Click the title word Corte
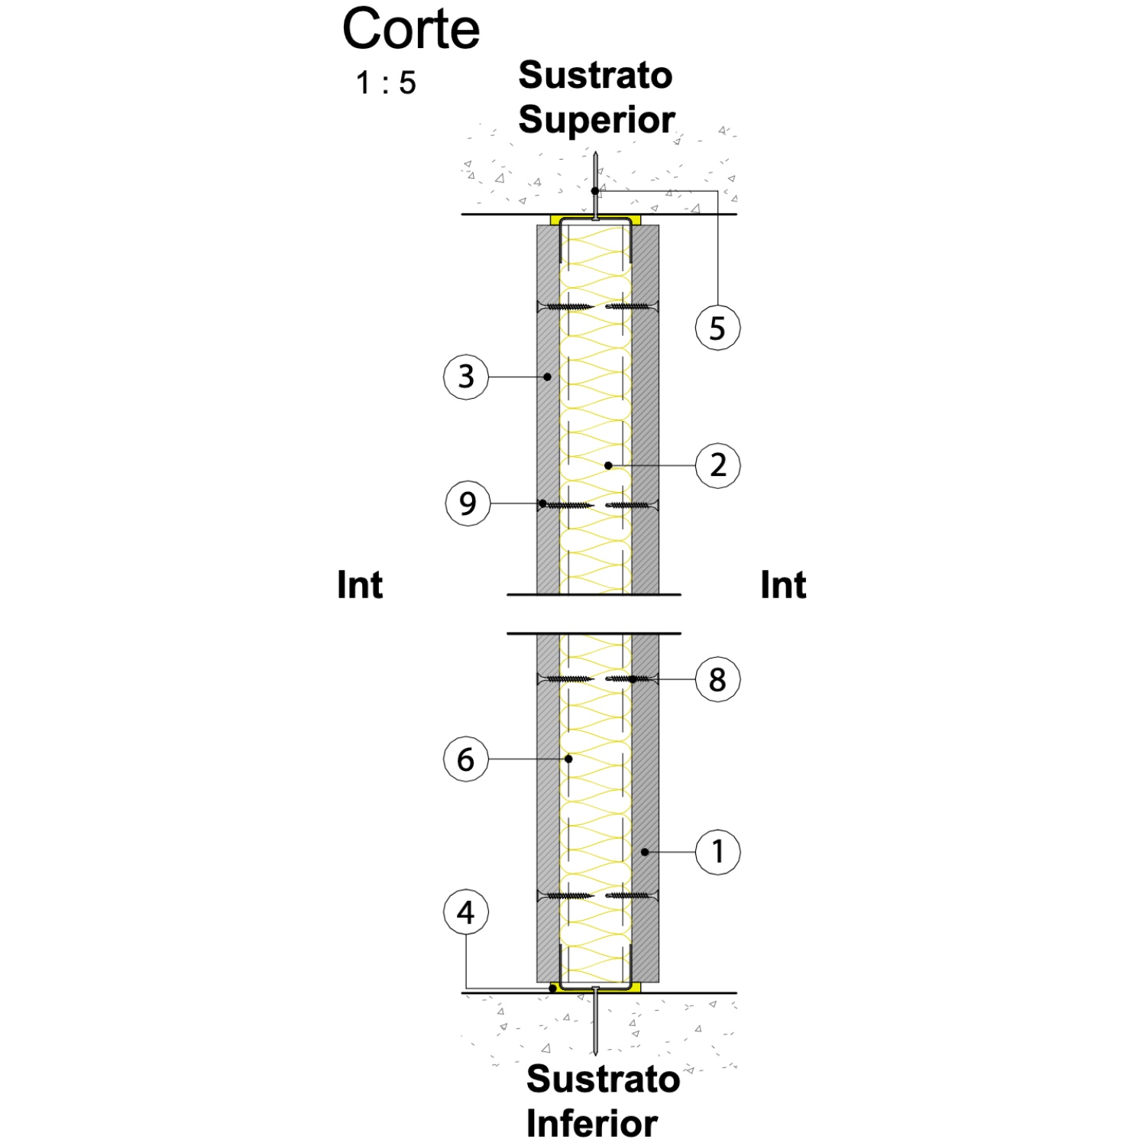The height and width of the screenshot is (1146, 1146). tap(411, 29)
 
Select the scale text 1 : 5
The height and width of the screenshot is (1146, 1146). tap(386, 83)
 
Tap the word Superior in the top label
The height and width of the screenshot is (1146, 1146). tap(597, 121)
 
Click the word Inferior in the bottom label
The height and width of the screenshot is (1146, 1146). tap(592, 1123)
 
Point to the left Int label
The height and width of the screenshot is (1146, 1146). tap(360, 585)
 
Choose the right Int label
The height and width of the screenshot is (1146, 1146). tap(783, 585)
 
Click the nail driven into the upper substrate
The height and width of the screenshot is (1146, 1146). tap(595, 186)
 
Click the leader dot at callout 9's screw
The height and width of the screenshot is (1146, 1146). tap(542, 503)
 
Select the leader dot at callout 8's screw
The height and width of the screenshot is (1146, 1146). tap(633, 678)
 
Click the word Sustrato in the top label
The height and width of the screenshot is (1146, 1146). tap(595, 75)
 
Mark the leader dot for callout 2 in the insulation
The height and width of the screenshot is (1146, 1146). tap(608, 465)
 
